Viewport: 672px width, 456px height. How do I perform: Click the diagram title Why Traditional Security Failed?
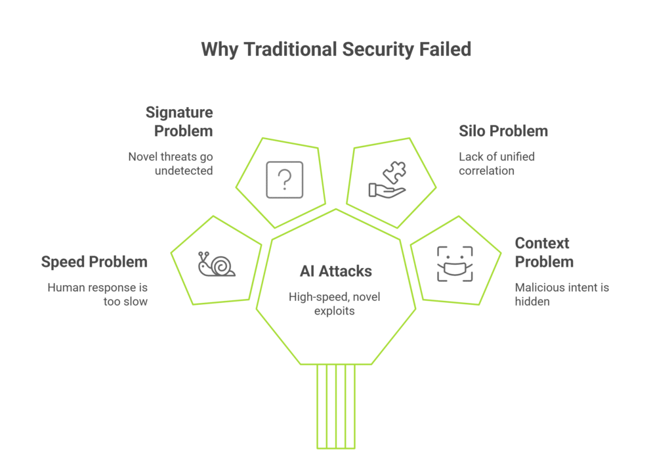click(335, 49)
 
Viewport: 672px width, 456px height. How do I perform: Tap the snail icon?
click(217, 264)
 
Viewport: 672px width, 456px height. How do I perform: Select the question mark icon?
click(284, 179)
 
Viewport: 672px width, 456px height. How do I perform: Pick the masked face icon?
click(455, 264)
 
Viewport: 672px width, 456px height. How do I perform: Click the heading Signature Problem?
click(178, 122)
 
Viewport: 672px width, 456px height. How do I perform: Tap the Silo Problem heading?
click(503, 131)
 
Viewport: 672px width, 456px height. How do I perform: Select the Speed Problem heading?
click(94, 262)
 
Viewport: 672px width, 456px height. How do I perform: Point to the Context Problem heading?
click(544, 252)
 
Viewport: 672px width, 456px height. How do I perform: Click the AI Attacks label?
click(335, 271)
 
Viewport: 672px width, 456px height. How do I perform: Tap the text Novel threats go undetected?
click(170, 163)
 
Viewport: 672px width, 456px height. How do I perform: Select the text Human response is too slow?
click(97, 294)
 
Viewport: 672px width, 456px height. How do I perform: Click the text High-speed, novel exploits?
click(335, 304)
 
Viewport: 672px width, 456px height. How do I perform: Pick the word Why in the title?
click(220, 49)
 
